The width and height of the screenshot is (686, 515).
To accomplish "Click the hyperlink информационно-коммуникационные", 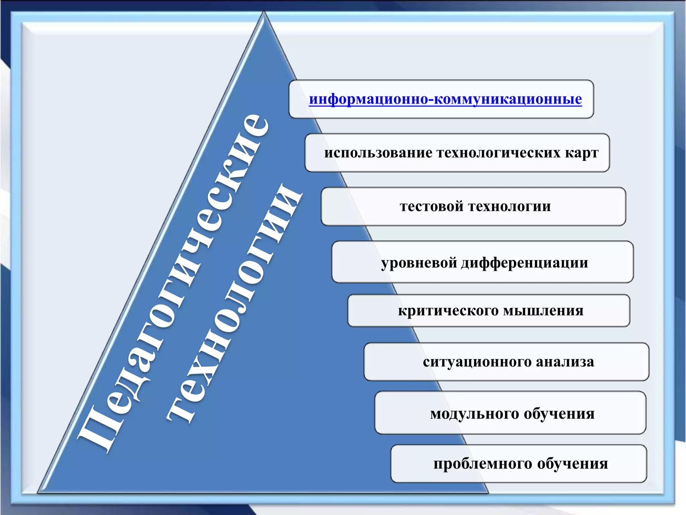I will point(445,99).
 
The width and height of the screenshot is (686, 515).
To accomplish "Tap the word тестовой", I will point(432,206).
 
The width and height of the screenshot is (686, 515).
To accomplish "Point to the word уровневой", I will point(419,263).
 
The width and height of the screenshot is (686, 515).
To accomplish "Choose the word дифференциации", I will point(525,263).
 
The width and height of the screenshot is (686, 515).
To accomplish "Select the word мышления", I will point(543,310).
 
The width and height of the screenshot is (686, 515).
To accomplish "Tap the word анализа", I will point(565,362).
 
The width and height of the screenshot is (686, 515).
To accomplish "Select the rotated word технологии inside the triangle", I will point(234,302).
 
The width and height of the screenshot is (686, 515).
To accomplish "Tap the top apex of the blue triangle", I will point(264,12).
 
